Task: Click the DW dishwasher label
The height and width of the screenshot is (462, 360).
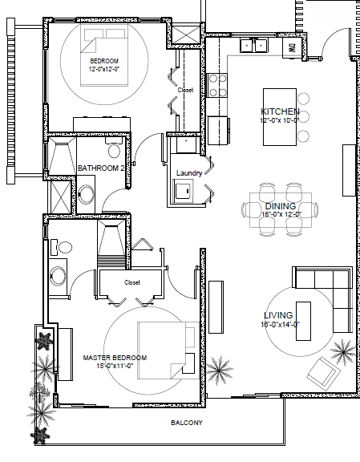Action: click(x=292, y=48)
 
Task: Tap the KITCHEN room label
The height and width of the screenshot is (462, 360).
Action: click(x=280, y=111)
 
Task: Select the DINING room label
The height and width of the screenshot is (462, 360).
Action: click(x=281, y=206)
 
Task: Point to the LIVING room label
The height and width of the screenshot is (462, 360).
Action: click(x=278, y=315)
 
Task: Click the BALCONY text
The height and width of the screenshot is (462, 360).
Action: click(x=187, y=423)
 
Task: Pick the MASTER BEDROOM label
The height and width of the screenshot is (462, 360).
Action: click(x=115, y=358)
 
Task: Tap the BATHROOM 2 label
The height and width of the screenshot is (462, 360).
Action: click(x=101, y=168)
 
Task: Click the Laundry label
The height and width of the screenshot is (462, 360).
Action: click(x=189, y=173)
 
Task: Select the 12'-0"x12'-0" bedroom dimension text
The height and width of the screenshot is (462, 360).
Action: click(x=104, y=69)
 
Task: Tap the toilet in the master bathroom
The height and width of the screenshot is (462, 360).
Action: click(x=61, y=247)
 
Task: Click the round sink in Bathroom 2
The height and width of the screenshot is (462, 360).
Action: click(x=87, y=194)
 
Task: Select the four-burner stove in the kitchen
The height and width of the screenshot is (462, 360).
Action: click(x=217, y=86)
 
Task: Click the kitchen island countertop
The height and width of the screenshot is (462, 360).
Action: click(x=280, y=117)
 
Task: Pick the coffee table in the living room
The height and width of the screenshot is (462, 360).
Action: click(x=303, y=321)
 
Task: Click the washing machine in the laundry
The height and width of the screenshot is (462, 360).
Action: click(x=184, y=191)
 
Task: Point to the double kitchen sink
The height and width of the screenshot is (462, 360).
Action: click(x=253, y=46)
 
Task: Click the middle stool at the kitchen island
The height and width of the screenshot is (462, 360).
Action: click(x=303, y=117)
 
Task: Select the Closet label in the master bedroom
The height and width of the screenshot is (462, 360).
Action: click(x=132, y=282)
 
